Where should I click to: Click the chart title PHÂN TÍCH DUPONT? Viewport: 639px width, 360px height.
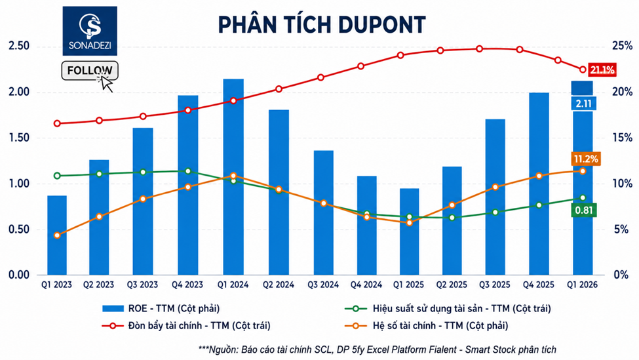(322, 24)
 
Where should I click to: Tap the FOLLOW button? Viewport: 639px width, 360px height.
(90, 71)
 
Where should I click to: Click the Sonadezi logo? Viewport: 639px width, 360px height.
(90, 31)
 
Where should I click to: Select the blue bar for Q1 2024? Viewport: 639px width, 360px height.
(233, 176)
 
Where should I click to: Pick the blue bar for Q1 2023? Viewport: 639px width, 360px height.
(57, 235)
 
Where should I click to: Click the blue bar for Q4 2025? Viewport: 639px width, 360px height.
(539, 184)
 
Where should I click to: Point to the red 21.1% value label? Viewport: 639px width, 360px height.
(602, 70)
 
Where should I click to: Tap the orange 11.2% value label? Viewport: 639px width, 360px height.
(586, 159)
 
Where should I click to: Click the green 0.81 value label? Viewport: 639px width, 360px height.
(583, 210)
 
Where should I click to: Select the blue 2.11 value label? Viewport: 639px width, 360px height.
(583, 104)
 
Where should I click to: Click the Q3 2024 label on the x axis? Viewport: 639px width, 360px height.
(323, 285)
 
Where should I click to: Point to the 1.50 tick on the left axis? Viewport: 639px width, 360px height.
(19, 138)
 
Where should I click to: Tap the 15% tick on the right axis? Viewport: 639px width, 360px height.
(623, 138)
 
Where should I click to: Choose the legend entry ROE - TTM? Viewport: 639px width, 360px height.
(161, 309)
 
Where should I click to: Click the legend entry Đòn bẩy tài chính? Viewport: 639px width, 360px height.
(186, 326)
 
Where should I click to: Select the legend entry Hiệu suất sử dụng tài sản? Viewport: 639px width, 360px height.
(448, 309)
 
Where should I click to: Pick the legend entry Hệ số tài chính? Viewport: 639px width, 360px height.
(426, 326)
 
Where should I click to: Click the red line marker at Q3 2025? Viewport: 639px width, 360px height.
(480, 49)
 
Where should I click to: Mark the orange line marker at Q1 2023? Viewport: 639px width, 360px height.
(57, 235)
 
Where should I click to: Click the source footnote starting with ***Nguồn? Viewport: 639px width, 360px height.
(378, 350)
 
